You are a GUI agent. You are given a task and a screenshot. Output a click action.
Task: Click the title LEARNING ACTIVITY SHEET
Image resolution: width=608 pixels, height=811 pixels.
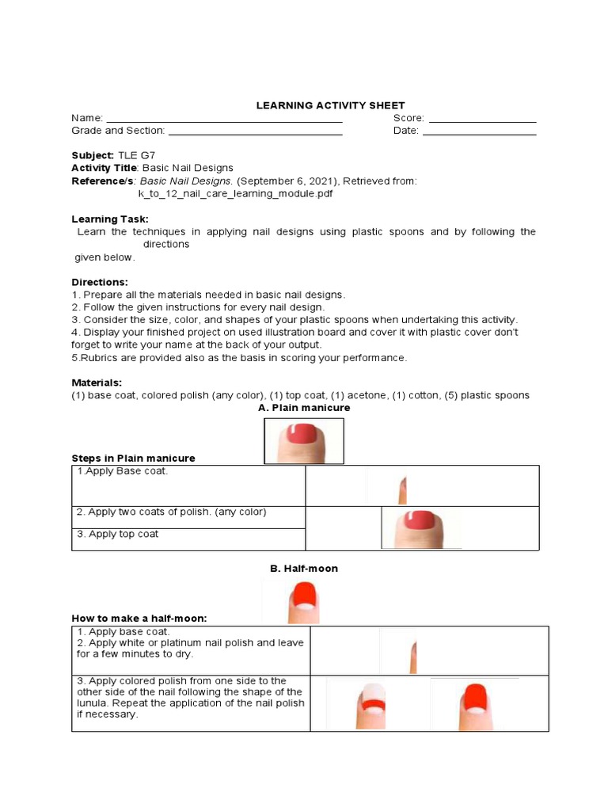330,105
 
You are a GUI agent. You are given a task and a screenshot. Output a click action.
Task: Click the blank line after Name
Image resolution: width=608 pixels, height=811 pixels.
224,120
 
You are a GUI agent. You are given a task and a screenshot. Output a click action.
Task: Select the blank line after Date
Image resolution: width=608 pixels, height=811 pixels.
479,132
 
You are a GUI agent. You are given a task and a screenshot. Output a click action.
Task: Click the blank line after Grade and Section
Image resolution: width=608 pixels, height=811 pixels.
255,132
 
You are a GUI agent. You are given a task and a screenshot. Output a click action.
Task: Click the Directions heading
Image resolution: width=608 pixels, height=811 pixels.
100,282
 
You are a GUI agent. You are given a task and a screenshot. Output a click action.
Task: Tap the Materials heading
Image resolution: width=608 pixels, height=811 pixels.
97,382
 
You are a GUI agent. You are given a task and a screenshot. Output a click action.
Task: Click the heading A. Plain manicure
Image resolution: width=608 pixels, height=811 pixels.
304,408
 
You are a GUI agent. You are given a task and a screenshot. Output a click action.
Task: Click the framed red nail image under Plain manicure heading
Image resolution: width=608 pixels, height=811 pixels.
304,441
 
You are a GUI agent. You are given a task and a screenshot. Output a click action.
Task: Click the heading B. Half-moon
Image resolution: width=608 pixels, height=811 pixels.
304,569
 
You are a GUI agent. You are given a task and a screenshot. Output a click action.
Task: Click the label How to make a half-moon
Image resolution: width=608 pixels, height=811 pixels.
145,619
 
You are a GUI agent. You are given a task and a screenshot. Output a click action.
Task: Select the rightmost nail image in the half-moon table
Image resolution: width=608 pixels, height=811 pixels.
474,705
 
